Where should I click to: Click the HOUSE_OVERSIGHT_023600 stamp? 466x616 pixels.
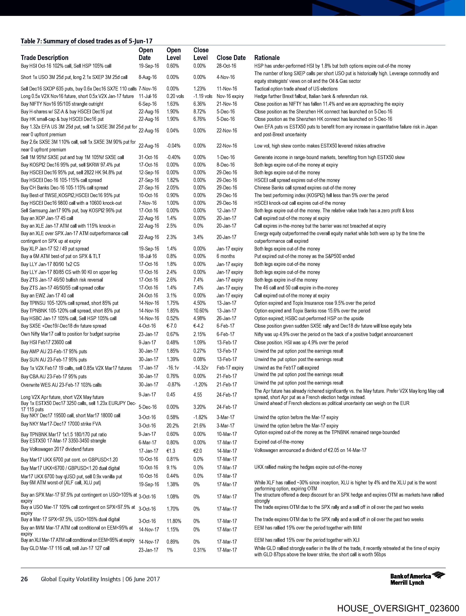(398, 608)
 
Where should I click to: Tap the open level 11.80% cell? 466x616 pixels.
(174, 521)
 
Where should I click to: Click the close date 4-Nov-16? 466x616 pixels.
(226, 77)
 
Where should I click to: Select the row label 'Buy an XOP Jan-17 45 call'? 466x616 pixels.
(47, 218)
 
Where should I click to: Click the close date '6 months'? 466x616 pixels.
(226, 256)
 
